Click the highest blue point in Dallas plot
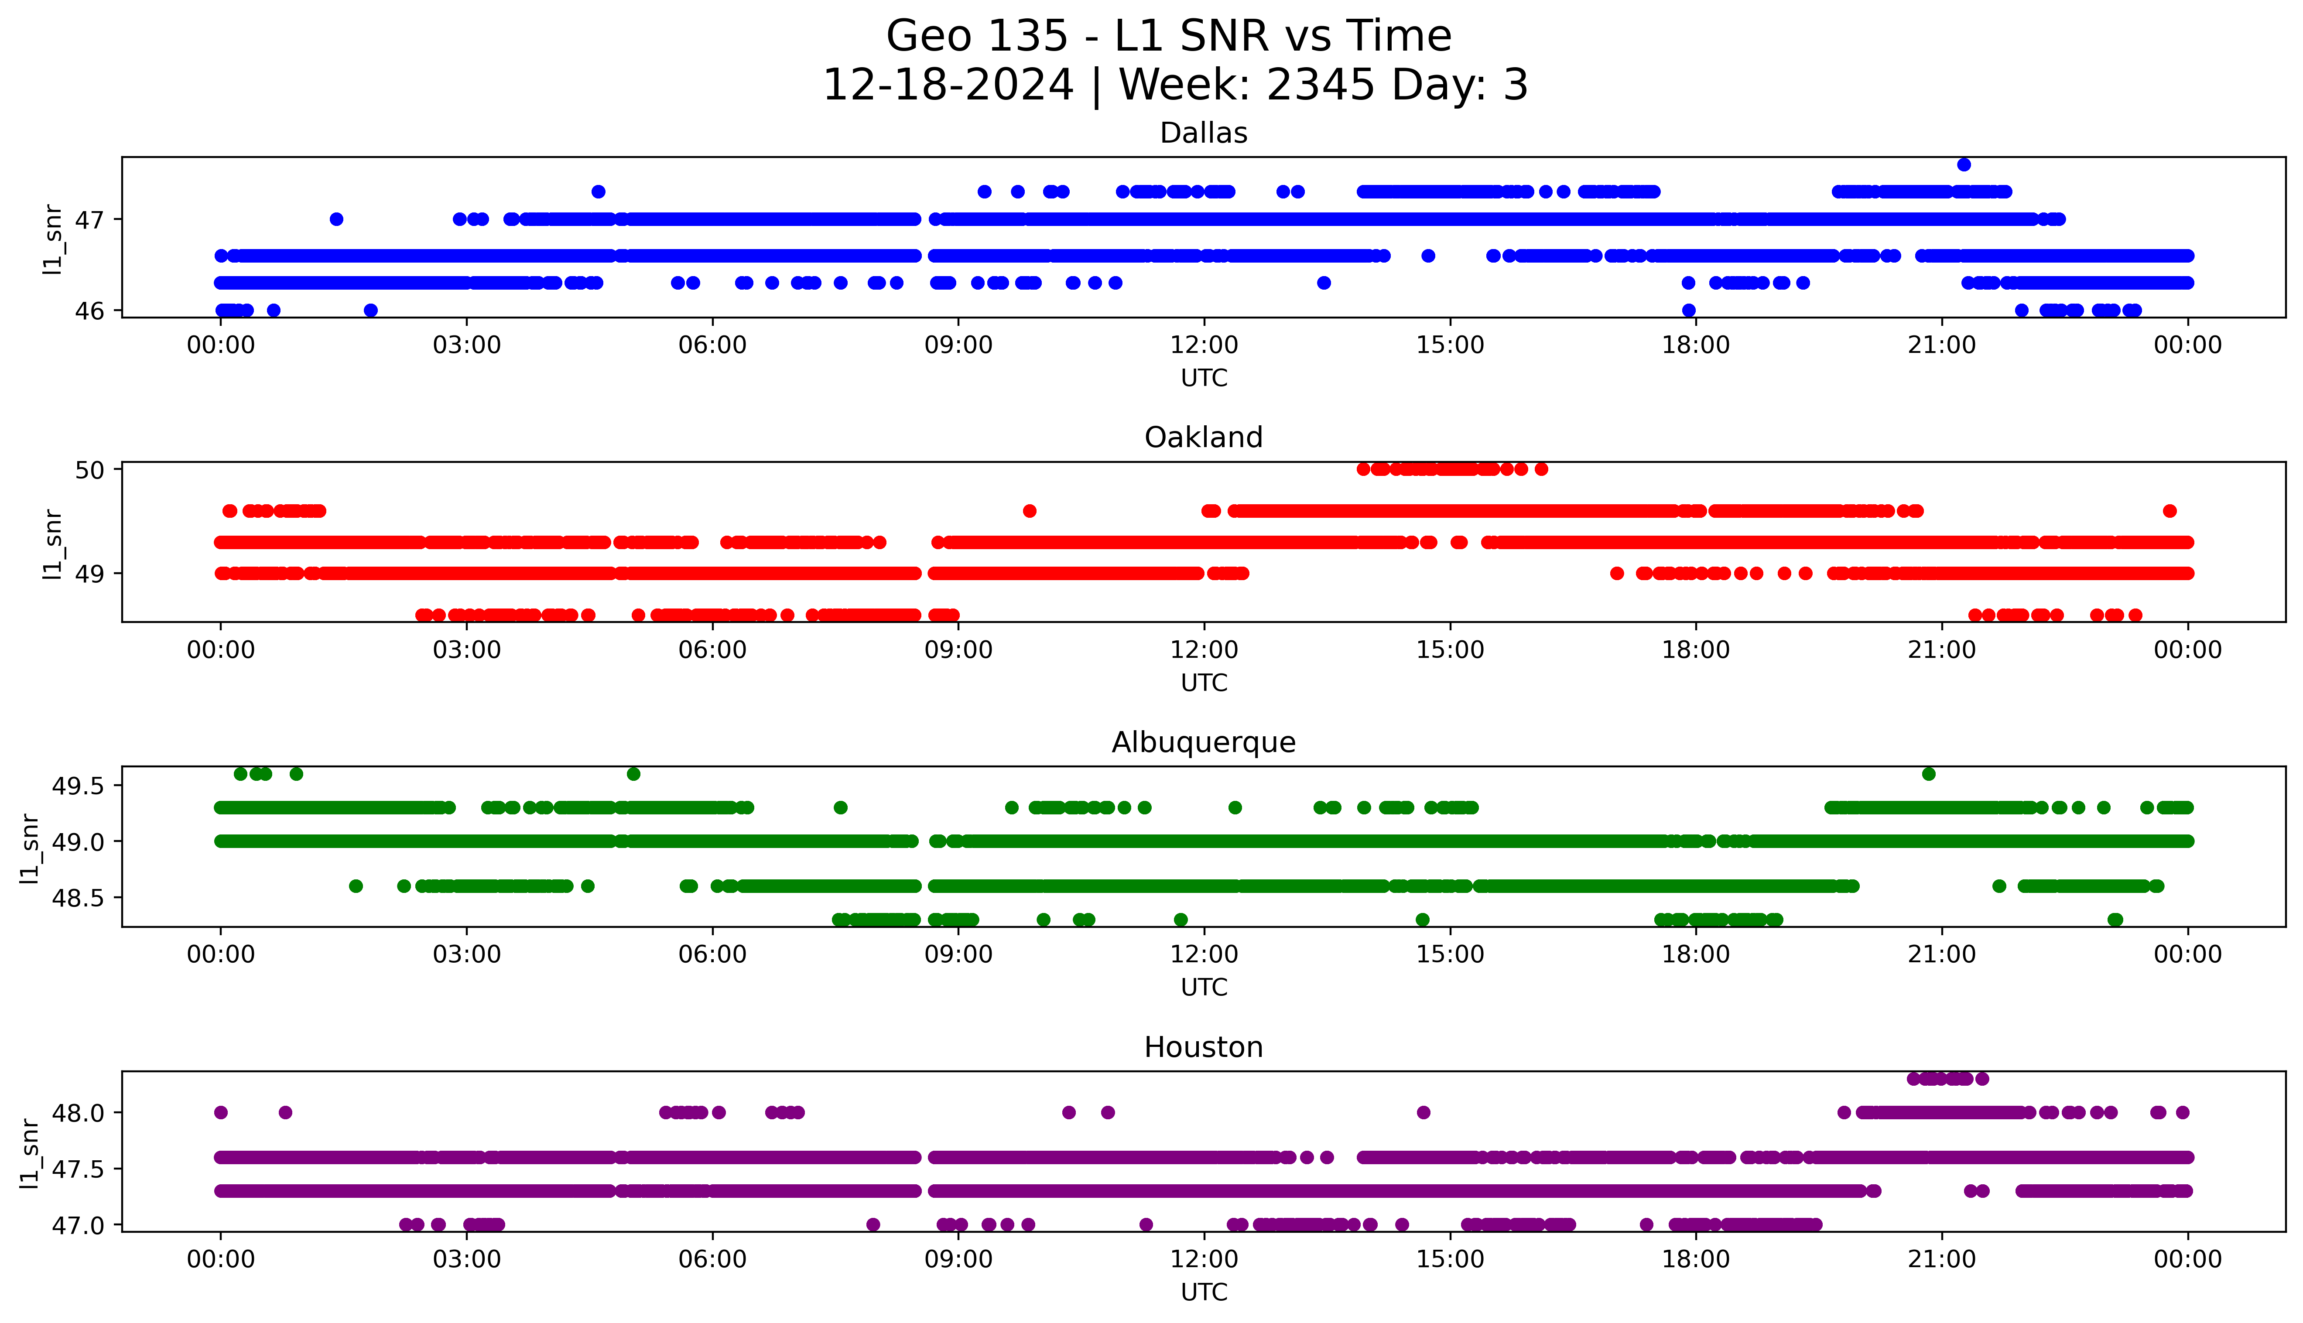coord(1964,164)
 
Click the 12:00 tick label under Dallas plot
coord(1204,345)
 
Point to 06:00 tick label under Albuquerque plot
coord(712,954)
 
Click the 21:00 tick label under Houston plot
coord(1941,1259)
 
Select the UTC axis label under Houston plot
coord(1204,1291)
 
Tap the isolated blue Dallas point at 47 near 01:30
coord(336,219)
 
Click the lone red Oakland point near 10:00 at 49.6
coord(1029,511)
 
